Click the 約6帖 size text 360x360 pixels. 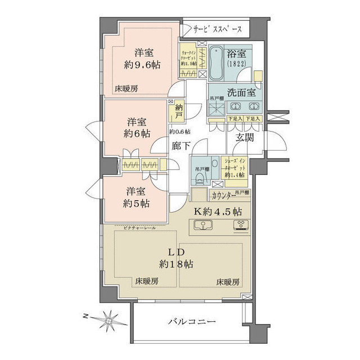(x=137, y=134)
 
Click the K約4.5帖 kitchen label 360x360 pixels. (x=218, y=213)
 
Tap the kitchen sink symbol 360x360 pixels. (x=202, y=227)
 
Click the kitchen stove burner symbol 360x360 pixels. (x=242, y=227)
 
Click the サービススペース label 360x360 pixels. (x=218, y=29)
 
